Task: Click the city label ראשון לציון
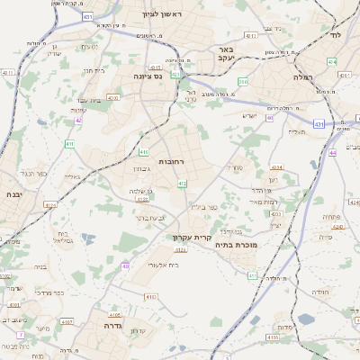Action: (162, 15)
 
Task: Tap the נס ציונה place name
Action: (145, 77)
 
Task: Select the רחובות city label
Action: (171, 161)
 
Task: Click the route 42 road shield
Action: (80, 120)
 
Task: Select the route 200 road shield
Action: (243, 82)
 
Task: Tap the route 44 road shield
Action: (332, 154)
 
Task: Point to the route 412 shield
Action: (183, 184)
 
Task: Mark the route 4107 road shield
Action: (67, 322)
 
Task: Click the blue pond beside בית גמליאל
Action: (87, 238)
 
